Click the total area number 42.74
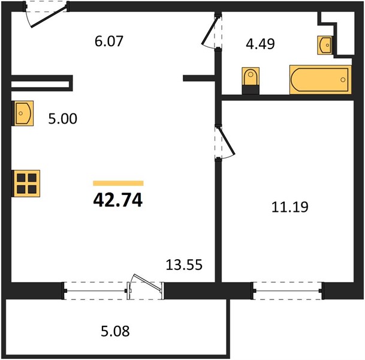118,200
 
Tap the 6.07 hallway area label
108,41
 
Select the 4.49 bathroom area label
260,44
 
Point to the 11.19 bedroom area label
290,207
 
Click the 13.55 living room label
184,265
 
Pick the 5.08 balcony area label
115,331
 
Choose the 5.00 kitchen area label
62,119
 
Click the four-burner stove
26,184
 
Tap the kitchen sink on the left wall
23,113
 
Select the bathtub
320,80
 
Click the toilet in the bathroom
251,80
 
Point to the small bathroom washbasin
325,45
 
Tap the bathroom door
211,31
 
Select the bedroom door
225,143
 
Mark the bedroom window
288,290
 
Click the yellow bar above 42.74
118,183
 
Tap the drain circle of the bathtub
343,80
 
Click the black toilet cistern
251,90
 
